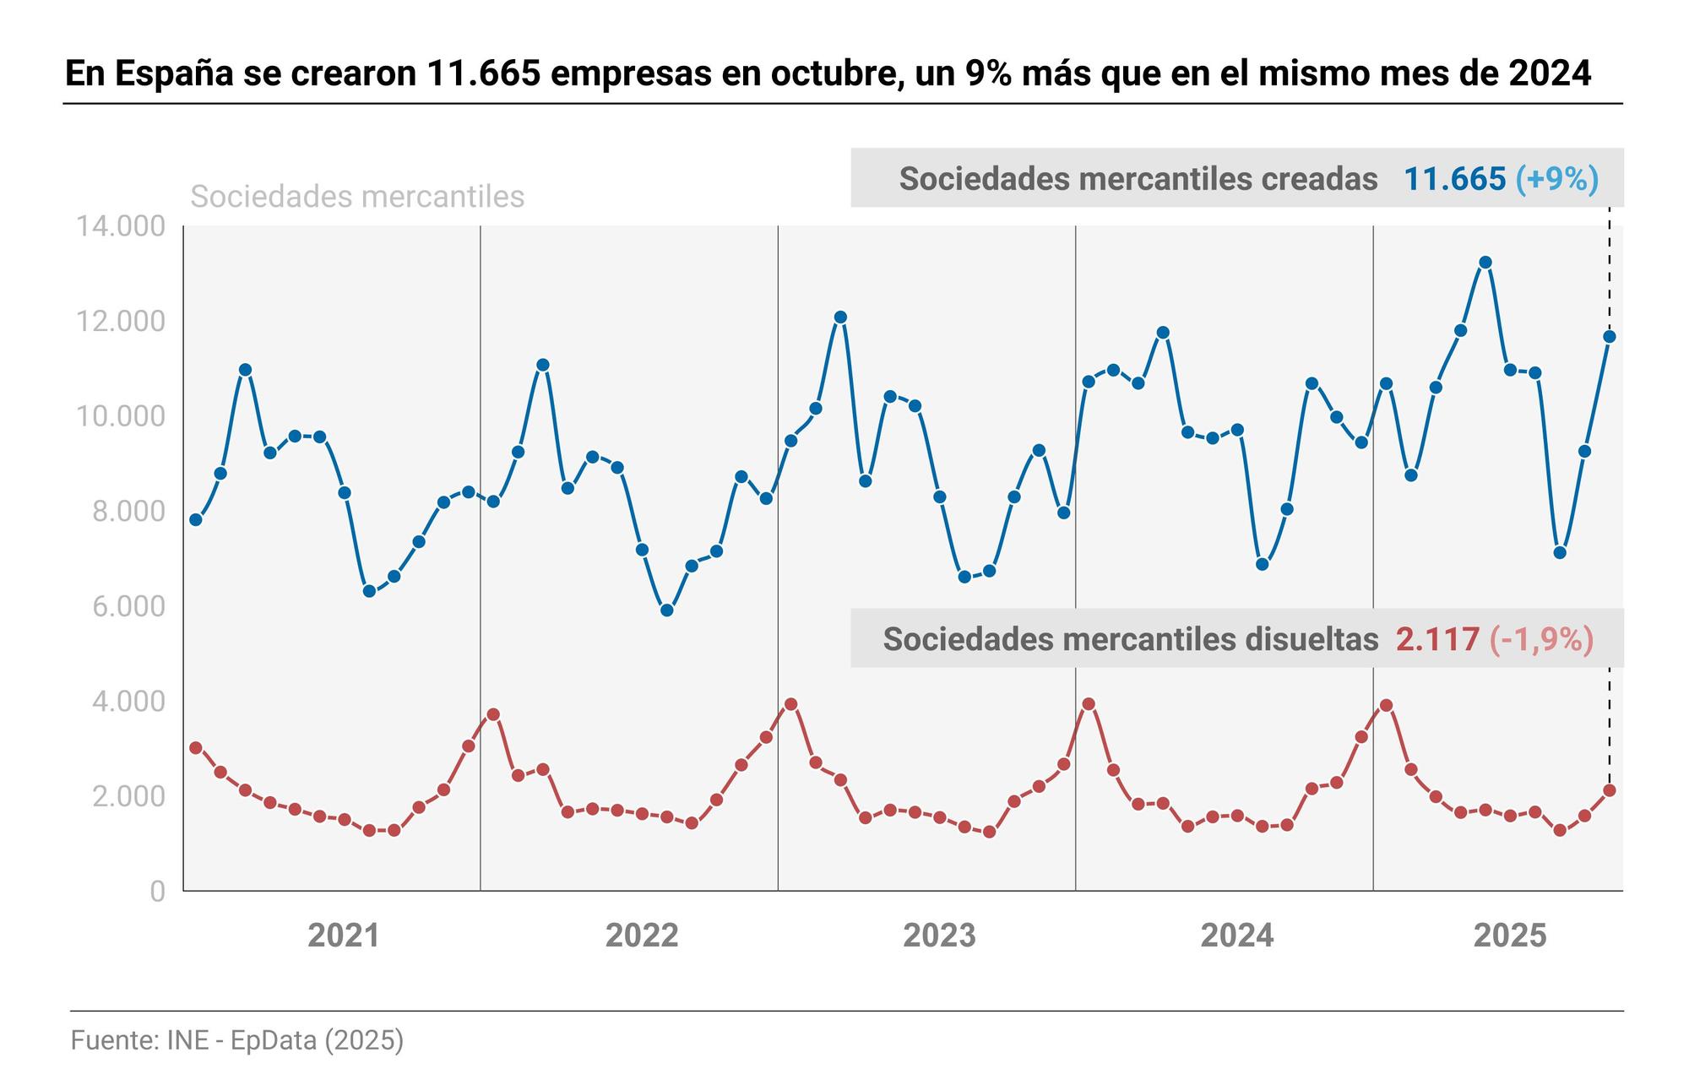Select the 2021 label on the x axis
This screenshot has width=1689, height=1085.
coord(344,936)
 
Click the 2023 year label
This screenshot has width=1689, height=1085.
coord(939,936)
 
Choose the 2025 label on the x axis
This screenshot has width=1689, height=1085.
coord(1510,936)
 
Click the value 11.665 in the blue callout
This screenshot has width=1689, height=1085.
coord(1454,179)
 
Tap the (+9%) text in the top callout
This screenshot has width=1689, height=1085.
coord(1556,179)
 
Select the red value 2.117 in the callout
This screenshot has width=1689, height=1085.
coord(1437,639)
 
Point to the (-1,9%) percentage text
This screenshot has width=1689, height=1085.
coord(1541,639)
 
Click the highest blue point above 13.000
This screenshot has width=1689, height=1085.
coord(1485,263)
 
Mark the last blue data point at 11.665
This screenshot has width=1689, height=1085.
coord(1610,337)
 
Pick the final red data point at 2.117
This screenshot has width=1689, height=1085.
coord(1610,790)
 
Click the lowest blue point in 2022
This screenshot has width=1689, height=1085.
coord(666,610)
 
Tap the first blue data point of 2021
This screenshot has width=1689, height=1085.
coord(196,520)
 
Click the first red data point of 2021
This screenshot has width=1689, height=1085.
coord(196,748)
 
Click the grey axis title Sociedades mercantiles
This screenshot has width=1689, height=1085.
coord(357,197)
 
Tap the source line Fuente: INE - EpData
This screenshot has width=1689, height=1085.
coord(237,1039)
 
